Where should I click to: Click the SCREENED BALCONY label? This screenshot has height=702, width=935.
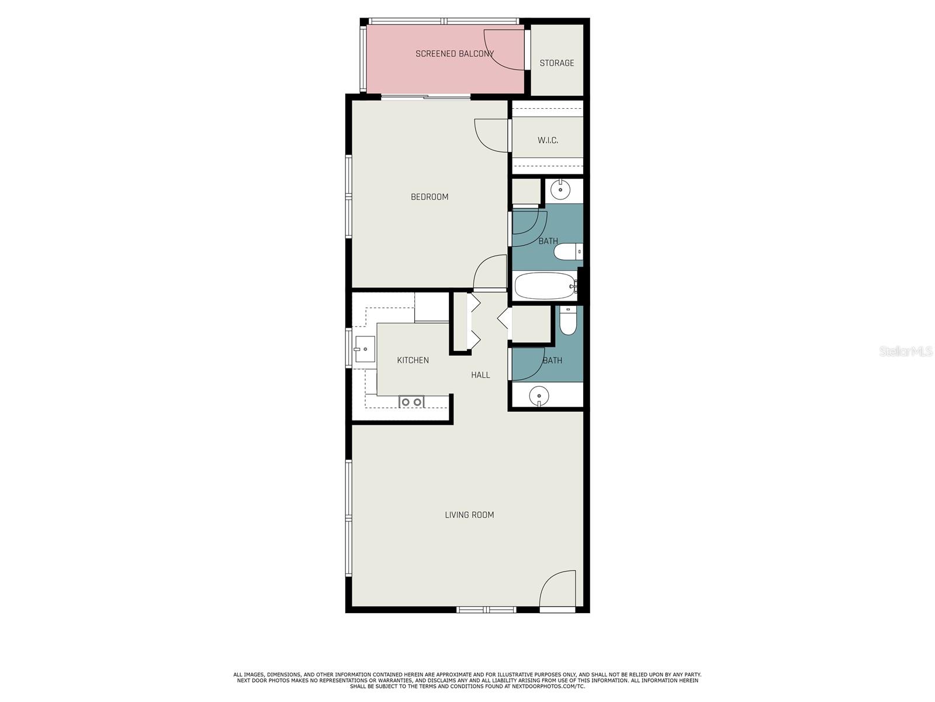pos(455,54)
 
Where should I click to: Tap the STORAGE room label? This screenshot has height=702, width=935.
pos(556,63)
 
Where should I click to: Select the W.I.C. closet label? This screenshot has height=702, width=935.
pos(548,140)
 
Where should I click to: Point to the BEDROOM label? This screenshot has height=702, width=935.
pos(430,197)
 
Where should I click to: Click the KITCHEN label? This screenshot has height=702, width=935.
pos(413,360)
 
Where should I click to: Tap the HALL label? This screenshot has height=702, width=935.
pos(480,375)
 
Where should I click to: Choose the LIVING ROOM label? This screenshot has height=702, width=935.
pos(469,515)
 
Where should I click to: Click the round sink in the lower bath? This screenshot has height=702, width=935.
pos(539,396)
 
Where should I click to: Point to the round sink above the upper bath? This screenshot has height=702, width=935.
pos(560,190)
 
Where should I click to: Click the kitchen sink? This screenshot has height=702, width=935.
pos(364,349)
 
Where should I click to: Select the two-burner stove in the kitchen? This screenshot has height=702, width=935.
pos(411,402)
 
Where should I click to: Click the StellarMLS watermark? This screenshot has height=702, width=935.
pos(906,352)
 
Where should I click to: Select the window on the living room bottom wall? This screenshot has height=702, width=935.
pos(486,610)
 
